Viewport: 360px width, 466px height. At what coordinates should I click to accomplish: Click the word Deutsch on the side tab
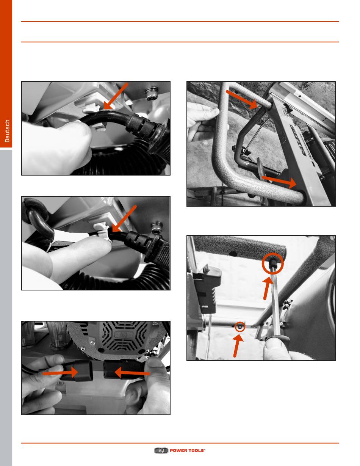pyautogui.click(x=7, y=131)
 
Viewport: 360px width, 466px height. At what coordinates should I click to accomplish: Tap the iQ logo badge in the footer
pyautogui.click(x=161, y=450)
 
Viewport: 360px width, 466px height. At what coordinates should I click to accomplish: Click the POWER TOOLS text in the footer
pyautogui.click(x=187, y=450)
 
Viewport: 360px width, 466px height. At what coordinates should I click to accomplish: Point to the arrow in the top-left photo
pyautogui.click(x=116, y=96)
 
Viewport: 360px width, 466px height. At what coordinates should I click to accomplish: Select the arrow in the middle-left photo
pyautogui.click(x=124, y=219)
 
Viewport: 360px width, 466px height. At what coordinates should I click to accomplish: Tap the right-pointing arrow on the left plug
pyautogui.click(x=60, y=373)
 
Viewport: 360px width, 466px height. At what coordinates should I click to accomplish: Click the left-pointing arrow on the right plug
pyautogui.click(x=132, y=372)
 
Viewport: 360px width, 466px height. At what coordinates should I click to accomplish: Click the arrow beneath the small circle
pyautogui.click(x=238, y=346)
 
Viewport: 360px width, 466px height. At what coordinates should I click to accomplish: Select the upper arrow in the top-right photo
pyautogui.click(x=242, y=99)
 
